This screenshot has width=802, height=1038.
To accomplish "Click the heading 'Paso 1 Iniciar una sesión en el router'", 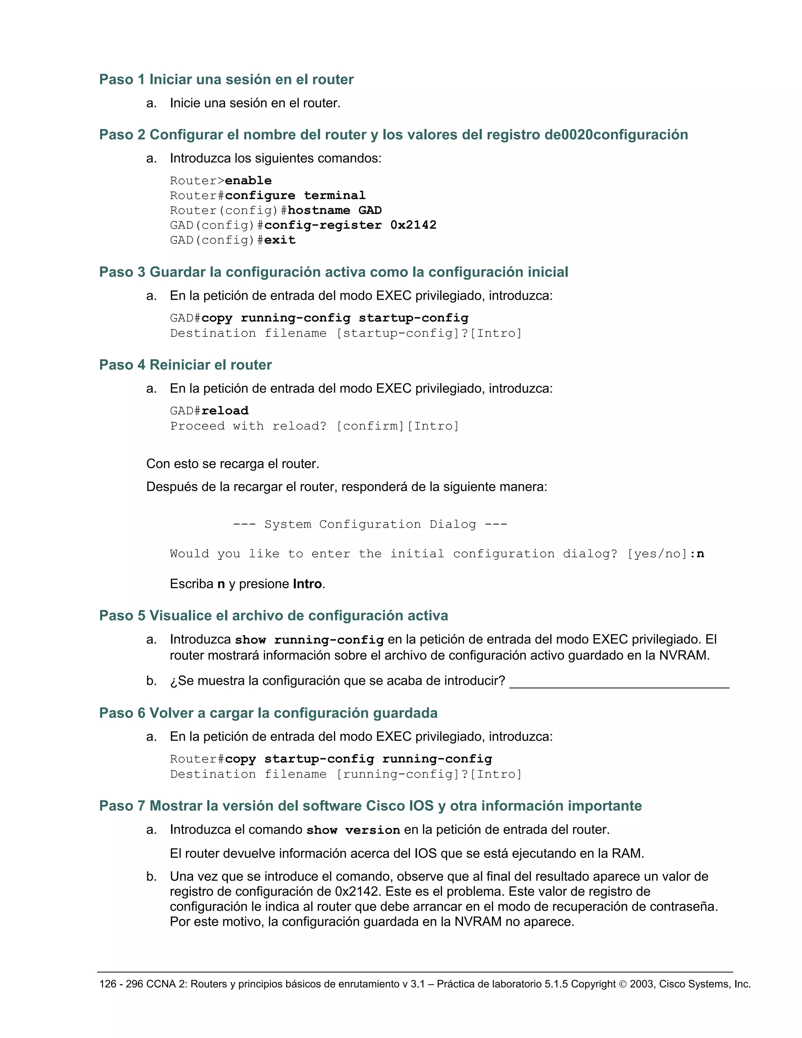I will [x=226, y=80].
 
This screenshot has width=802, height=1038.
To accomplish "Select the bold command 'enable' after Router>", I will [x=248, y=181].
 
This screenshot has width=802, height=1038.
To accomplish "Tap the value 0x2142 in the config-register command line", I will [x=413, y=225].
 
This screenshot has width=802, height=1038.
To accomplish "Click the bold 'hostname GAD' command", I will [x=334, y=210].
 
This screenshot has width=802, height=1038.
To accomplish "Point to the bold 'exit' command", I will [x=280, y=240].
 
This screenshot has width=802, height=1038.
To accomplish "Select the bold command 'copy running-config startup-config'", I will [x=334, y=318].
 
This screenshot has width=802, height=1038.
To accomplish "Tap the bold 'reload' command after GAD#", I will [x=225, y=410].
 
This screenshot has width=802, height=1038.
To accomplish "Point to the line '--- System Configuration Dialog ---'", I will [x=370, y=524].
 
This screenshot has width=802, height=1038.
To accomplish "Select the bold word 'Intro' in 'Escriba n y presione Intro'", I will [x=307, y=584].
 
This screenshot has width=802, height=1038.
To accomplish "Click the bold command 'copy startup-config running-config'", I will [x=358, y=759].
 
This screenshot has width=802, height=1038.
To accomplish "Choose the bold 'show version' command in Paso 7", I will [x=353, y=830].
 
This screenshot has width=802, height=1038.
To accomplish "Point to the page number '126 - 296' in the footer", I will [x=121, y=984].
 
